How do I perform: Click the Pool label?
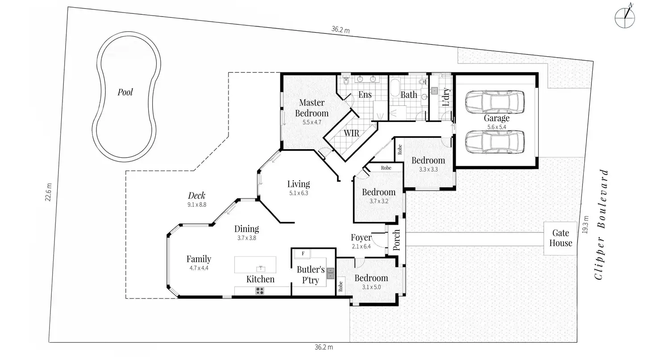point(125,92)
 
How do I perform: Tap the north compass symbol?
point(625,17)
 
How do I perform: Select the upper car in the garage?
point(495,102)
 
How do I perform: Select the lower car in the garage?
point(495,142)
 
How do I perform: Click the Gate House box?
point(560,238)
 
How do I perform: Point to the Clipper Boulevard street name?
point(602,225)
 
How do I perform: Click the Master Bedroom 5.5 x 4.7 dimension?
point(312,122)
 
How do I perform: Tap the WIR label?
point(351,133)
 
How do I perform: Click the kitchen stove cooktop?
point(260,291)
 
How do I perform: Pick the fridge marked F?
point(303,254)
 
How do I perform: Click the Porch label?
point(396,240)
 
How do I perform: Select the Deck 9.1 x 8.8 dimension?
point(197,205)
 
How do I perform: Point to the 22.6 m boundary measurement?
point(48,192)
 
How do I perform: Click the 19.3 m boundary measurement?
point(585,225)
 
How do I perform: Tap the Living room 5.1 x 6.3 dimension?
point(299,193)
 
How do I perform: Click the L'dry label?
point(445,97)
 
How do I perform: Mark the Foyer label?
point(361,237)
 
